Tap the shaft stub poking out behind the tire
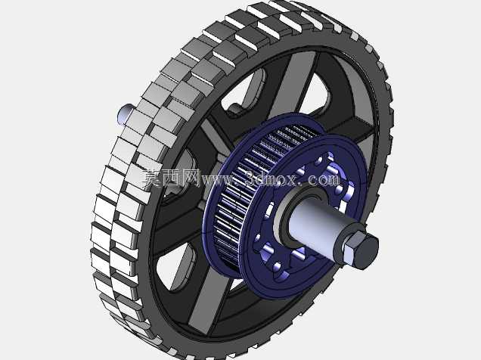click(125, 113)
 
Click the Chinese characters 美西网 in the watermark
click(171, 178)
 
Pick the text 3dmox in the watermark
click(270, 178)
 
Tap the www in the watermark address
click(216, 180)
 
